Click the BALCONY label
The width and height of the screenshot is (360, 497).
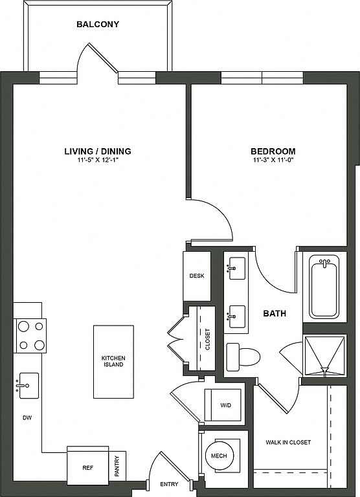click(98, 25)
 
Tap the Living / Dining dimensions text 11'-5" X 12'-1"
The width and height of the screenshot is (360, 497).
click(98, 160)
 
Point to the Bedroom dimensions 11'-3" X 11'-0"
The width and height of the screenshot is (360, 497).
click(273, 160)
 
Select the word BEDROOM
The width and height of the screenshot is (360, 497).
click(273, 151)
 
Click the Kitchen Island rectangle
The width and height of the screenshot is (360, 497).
click(113, 362)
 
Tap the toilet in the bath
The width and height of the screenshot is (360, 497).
click(243, 357)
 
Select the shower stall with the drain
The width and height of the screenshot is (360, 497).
click(325, 356)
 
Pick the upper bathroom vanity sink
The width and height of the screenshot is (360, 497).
click(237, 268)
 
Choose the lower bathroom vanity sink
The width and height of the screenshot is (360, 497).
click(237, 316)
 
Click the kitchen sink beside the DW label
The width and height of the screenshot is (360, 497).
click(28, 386)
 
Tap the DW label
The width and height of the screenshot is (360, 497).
click(27, 418)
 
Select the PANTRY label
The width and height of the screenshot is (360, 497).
click(117, 466)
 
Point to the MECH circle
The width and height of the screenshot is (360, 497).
click(219, 456)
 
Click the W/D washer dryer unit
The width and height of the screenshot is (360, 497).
click(223, 405)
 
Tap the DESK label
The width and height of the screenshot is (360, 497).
click(197, 276)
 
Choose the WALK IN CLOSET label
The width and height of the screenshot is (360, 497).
click(288, 442)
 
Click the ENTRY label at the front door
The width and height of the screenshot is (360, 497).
click(169, 484)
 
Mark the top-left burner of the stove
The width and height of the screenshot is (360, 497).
click(23, 326)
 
